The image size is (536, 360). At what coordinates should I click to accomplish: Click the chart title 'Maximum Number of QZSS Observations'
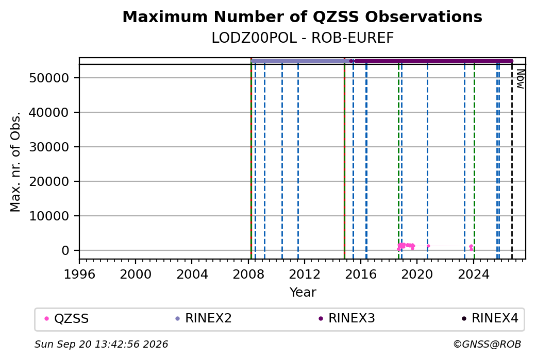pyautogui.click(x=302, y=17)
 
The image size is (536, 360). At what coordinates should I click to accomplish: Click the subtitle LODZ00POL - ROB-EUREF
pyautogui.click(x=303, y=38)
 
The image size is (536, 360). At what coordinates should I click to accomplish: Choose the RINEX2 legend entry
pyautogui.click(x=204, y=318)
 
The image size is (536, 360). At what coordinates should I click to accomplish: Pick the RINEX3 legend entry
pyautogui.click(x=347, y=318)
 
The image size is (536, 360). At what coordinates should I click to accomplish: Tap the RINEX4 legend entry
pyautogui.click(x=490, y=318)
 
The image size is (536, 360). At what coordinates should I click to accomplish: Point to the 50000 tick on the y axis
pyautogui.click(x=49, y=78)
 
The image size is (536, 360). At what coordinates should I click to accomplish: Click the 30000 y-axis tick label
pyautogui.click(x=49, y=147)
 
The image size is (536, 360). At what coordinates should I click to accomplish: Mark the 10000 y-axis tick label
pyautogui.click(x=49, y=216)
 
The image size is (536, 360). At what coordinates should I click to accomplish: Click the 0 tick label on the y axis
pyautogui.click(x=65, y=251)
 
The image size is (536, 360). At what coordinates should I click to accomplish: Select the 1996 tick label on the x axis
pyautogui.click(x=80, y=275)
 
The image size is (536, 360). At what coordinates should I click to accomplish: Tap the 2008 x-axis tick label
pyautogui.click(x=248, y=275)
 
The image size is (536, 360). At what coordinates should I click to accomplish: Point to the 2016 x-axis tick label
pyautogui.click(x=361, y=275)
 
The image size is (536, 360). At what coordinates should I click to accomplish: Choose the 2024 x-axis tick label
pyautogui.click(x=474, y=275)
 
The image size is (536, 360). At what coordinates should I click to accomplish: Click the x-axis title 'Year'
pyautogui.click(x=303, y=293)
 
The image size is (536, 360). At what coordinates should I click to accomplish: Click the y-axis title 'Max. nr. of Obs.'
pyautogui.click(x=15, y=162)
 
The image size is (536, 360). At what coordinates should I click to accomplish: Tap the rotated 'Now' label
pyautogui.click(x=520, y=79)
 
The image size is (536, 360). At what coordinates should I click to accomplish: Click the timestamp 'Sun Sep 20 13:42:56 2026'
pyautogui.click(x=101, y=344)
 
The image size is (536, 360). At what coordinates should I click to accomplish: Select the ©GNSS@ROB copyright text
pyautogui.click(x=487, y=344)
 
